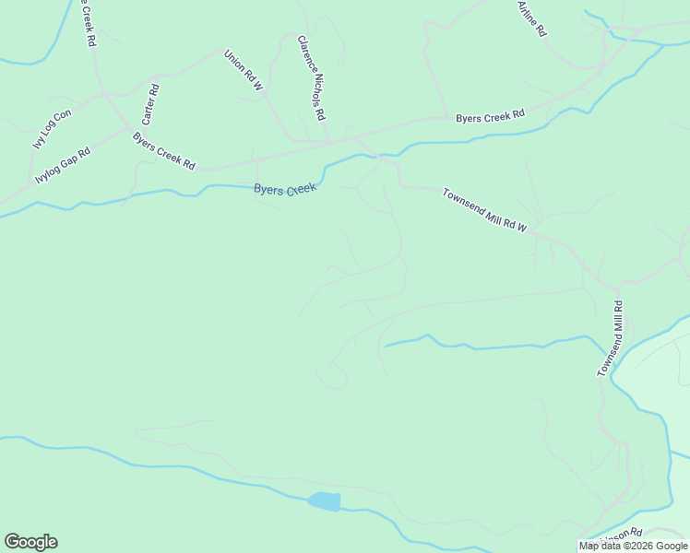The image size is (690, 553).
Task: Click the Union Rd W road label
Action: click(244, 70)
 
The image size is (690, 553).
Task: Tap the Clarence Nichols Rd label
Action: click(312, 78)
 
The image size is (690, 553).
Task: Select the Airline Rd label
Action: click(532, 18)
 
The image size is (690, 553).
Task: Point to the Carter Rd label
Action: click(149, 105)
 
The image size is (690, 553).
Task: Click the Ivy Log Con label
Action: click(52, 130)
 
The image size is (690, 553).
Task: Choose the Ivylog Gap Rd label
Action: click(63, 165)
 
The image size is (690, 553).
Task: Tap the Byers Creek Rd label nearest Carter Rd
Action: click(163, 151)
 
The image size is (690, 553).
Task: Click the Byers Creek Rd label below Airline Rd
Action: click(490, 116)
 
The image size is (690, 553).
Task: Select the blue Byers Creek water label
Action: click(285, 189)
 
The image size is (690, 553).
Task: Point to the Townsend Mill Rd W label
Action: click(483, 210)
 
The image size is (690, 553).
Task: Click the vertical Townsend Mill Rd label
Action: click(610, 339)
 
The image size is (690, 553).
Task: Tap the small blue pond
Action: click(324, 501)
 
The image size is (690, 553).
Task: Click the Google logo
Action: click(30, 542)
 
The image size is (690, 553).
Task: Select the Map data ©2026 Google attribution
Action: click(633, 546)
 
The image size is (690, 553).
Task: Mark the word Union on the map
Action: click(236, 61)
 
